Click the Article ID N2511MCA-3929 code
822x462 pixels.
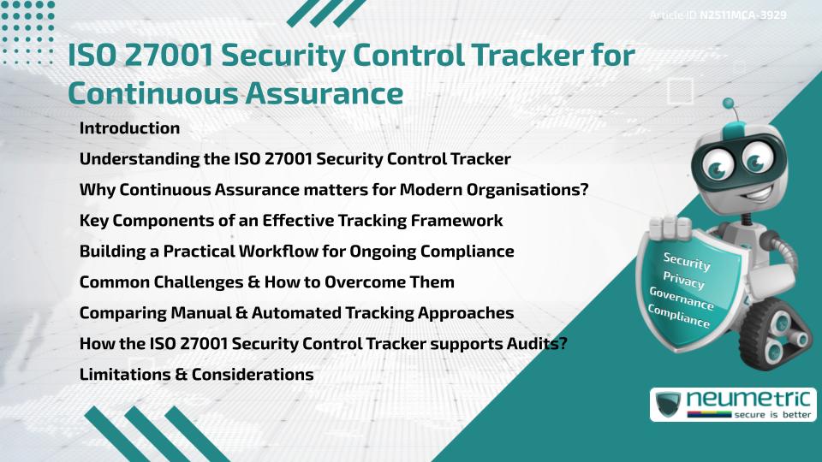[742, 15]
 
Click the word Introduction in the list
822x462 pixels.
[129, 128]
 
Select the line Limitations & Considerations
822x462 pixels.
[196, 375]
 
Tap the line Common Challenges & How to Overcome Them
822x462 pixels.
[266, 282]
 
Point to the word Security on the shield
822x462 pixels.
[687, 262]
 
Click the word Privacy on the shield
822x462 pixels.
[683, 281]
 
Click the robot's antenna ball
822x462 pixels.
[729, 104]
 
